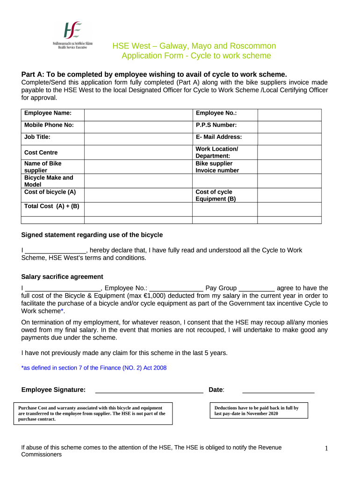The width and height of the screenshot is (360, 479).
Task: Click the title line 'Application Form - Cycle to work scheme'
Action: [x=196, y=56]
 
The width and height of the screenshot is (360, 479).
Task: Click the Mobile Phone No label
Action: [x=49, y=125]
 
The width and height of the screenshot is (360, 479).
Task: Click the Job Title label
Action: [x=37, y=137]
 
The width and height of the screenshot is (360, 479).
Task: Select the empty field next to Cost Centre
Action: [x=138, y=152]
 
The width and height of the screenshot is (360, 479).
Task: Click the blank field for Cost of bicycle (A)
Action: [x=138, y=195]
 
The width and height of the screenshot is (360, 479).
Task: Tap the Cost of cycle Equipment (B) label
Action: [x=216, y=196]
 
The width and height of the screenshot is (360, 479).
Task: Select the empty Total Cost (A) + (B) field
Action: [x=138, y=209]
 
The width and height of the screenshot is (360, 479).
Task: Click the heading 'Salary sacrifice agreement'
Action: [x=62, y=277]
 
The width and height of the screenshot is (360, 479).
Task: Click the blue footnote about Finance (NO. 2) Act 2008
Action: [x=94, y=368]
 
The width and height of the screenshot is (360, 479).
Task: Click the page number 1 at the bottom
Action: [x=327, y=449]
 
